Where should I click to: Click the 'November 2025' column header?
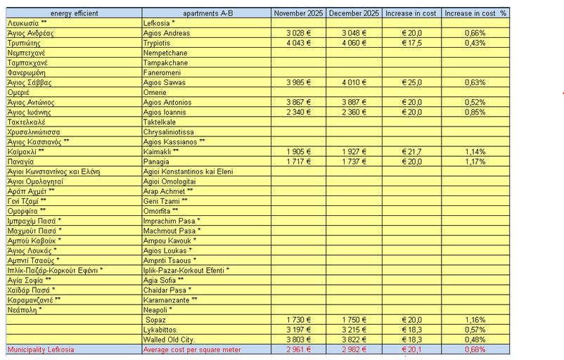pos(298,13)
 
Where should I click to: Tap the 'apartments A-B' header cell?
pos(207,13)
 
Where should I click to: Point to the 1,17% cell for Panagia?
pos(475,161)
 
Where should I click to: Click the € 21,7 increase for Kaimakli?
pos(411,151)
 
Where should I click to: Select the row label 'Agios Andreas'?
pos(164,33)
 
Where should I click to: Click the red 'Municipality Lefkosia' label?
pos(40,349)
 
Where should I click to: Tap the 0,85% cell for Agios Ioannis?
pos(475,112)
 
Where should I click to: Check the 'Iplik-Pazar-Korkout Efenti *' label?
pos(186,269)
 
